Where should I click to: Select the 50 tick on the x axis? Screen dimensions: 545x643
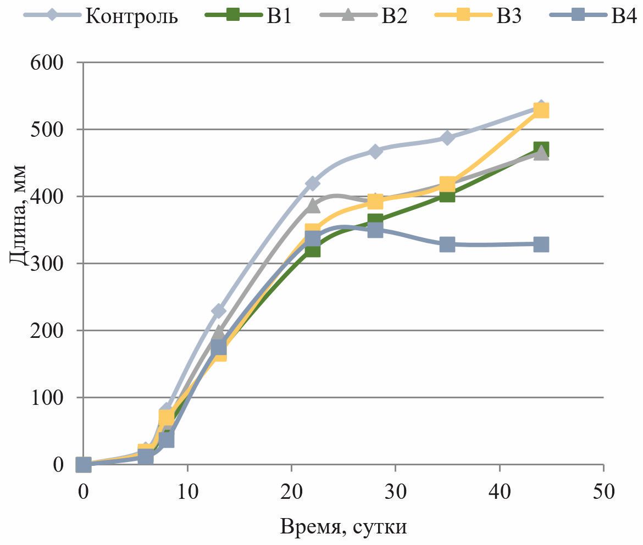tap(603, 491)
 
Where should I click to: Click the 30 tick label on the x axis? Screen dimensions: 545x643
tap(395, 491)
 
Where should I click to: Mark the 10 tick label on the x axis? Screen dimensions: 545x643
tap(187, 491)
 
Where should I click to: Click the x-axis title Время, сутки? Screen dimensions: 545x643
tap(343, 527)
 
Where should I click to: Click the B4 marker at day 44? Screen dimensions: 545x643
tap(541, 244)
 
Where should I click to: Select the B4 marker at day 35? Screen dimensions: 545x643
tap(447, 244)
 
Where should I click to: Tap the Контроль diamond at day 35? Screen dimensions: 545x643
tap(447, 137)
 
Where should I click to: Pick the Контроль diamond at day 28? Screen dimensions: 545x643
tap(375, 151)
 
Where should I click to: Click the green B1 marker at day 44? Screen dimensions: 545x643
tap(541, 149)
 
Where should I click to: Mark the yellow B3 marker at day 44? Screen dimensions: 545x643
tap(541, 110)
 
